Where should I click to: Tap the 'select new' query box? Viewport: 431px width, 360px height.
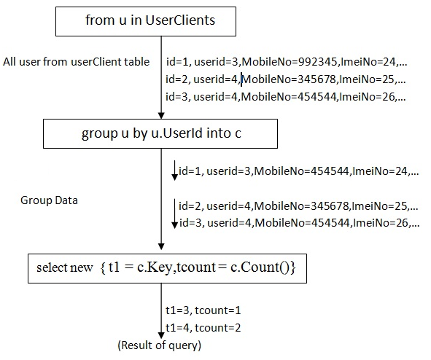pyautogui.click(x=166, y=267)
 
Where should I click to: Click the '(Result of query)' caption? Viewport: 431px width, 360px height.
pyautogui.click(x=159, y=344)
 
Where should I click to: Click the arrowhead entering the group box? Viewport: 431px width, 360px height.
pyautogui.click(x=160, y=117)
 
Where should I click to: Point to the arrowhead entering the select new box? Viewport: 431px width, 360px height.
pyautogui.click(x=160, y=249)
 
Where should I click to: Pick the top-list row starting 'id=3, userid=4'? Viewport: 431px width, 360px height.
pyautogui.click(x=286, y=97)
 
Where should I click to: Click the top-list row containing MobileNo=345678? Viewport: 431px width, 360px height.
pyautogui.click(x=286, y=79)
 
